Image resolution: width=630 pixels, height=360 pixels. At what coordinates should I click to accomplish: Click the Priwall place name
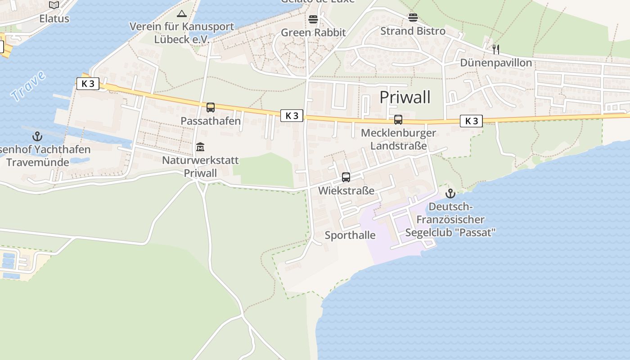pyautogui.click(x=405, y=97)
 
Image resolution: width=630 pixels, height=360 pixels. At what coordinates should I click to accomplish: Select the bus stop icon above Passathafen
pyautogui.click(x=210, y=108)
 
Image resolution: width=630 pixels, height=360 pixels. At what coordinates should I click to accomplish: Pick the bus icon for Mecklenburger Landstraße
pyautogui.click(x=398, y=120)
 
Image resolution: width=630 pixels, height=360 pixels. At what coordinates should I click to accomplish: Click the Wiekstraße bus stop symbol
pyautogui.click(x=346, y=177)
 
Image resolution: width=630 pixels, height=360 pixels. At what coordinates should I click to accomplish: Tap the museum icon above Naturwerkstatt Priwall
pyautogui.click(x=200, y=147)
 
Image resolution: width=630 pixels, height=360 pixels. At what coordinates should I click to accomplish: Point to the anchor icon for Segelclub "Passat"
pyautogui.click(x=450, y=193)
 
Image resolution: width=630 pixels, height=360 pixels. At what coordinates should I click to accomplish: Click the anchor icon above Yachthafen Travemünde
pyautogui.click(x=37, y=136)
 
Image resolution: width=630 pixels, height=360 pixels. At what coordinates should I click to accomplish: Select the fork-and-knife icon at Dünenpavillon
pyautogui.click(x=495, y=49)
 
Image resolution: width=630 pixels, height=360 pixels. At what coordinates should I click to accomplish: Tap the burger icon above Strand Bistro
pyautogui.click(x=413, y=18)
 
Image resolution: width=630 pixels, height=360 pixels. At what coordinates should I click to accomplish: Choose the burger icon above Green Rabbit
pyautogui.click(x=313, y=19)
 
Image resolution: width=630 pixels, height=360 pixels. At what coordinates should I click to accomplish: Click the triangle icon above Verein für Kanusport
pyautogui.click(x=181, y=13)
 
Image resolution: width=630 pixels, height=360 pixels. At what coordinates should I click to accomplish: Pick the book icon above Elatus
pyautogui.click(x=54, y=5)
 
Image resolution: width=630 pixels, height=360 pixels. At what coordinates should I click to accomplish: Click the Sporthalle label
pyautogui.click(x=350, y=235)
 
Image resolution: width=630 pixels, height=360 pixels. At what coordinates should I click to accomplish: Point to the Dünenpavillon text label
pyautogui.click(x=496, y=63)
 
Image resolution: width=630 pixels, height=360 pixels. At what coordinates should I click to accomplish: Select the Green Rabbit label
pyautogui.click(x=313, y=32)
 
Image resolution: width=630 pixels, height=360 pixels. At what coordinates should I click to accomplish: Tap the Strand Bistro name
pyautogui.click(x=413, y=31)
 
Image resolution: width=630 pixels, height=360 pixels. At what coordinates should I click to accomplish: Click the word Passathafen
pyautogui.click(x=211, y=121)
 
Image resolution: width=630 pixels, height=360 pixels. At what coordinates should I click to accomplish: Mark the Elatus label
pyautogui.click(x=54, y=18)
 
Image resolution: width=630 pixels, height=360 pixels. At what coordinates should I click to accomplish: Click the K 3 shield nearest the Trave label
pyautogui.click(x=88, y=84)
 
